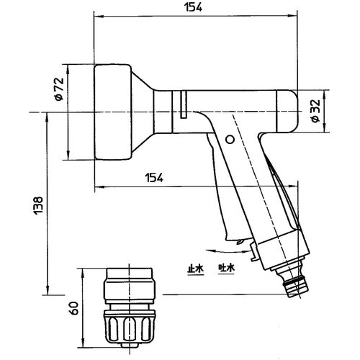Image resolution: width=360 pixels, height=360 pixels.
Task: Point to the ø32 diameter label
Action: tap(336, 112)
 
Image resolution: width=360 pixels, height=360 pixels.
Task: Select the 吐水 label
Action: tap(227, 268)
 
